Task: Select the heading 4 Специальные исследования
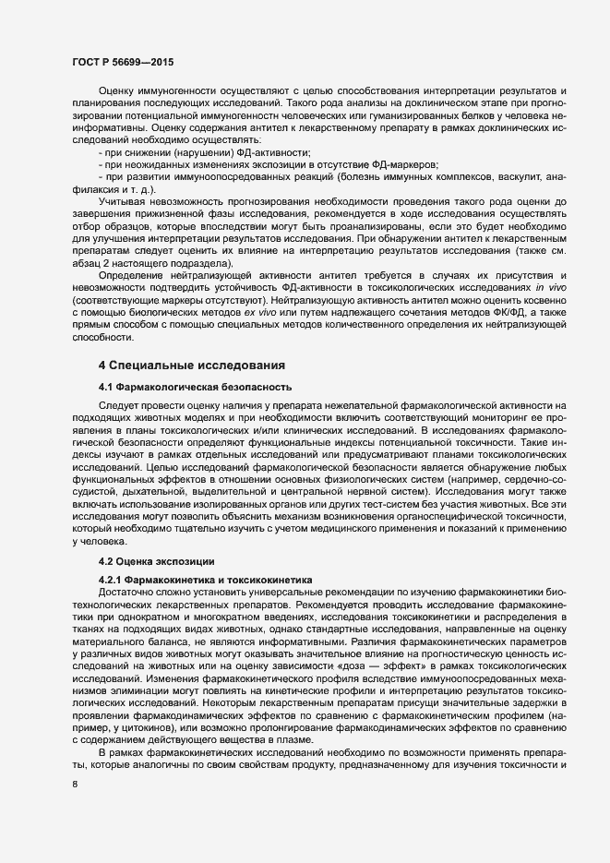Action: [185, 366]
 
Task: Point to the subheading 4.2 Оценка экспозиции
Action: [156, 560]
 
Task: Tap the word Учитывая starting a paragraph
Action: [122, 200]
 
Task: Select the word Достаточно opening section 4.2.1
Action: [128, 591]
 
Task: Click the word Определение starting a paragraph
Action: [130, 275]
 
